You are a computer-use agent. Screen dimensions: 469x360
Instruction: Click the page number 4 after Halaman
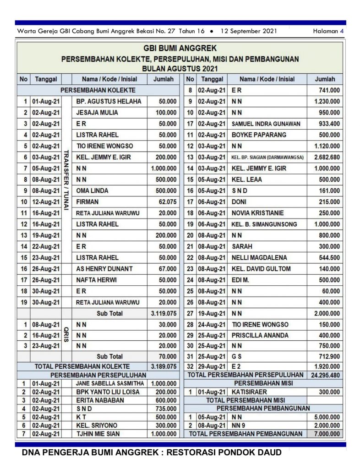(x=342, y=31)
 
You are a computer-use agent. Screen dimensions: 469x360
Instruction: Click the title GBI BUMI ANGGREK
(x=180, y=48)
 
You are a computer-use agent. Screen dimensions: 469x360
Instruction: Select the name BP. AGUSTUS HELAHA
(x=109, y=101)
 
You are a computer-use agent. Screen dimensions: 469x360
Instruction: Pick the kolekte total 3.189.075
(x=164, y=366)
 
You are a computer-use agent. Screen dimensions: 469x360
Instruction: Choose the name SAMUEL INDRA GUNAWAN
(x=266, y=124)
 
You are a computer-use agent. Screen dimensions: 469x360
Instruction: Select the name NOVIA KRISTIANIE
(x=258, y=213)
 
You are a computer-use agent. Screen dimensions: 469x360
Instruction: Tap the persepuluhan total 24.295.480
(x=325, y=375)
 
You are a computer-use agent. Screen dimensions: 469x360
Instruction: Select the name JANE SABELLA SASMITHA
(x=110, y=383)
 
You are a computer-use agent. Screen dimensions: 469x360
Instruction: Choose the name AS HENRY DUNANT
(x=104, y=269)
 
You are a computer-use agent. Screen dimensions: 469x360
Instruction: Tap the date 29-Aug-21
(x=211, y=366)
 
